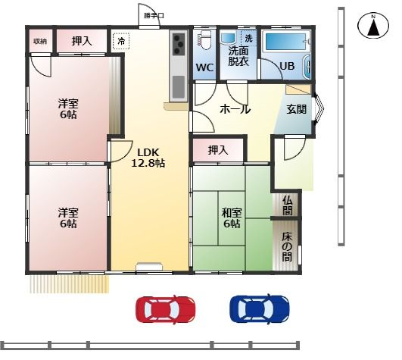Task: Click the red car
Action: [x=165, y=309]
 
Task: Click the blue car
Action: [x=260, y=308]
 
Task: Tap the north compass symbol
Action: [x=373, y=27]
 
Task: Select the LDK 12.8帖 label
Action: [x=148, y=158]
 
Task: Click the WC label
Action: [x=205, y=67]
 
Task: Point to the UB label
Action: [x=287, y=66]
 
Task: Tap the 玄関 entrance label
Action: [x=297, y=109]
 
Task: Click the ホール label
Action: [x=235, y=110]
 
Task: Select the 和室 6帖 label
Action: [x=232, y=218]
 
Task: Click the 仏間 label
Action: [x=288, y=205]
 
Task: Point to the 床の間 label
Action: [x=287, y=247]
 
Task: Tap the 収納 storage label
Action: [x=40, y=41]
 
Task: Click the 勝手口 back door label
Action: [x=154, y=16]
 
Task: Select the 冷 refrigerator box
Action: [x=121, y=41]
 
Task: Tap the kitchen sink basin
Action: [x=179, y=86]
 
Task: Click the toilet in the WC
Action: [x=204, y=40]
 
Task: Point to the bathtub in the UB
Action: [x=285, y=42]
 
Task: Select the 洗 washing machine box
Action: [x=248, y=38]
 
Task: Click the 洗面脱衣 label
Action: [x=238, y=56]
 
